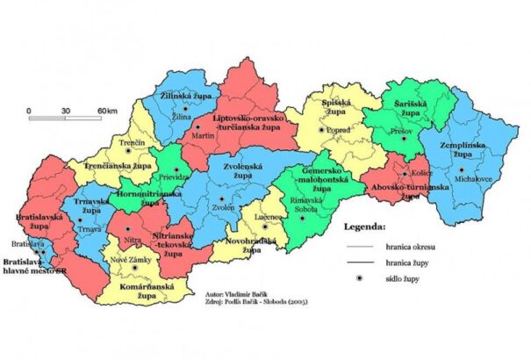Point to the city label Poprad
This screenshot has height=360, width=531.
[338, 131]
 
